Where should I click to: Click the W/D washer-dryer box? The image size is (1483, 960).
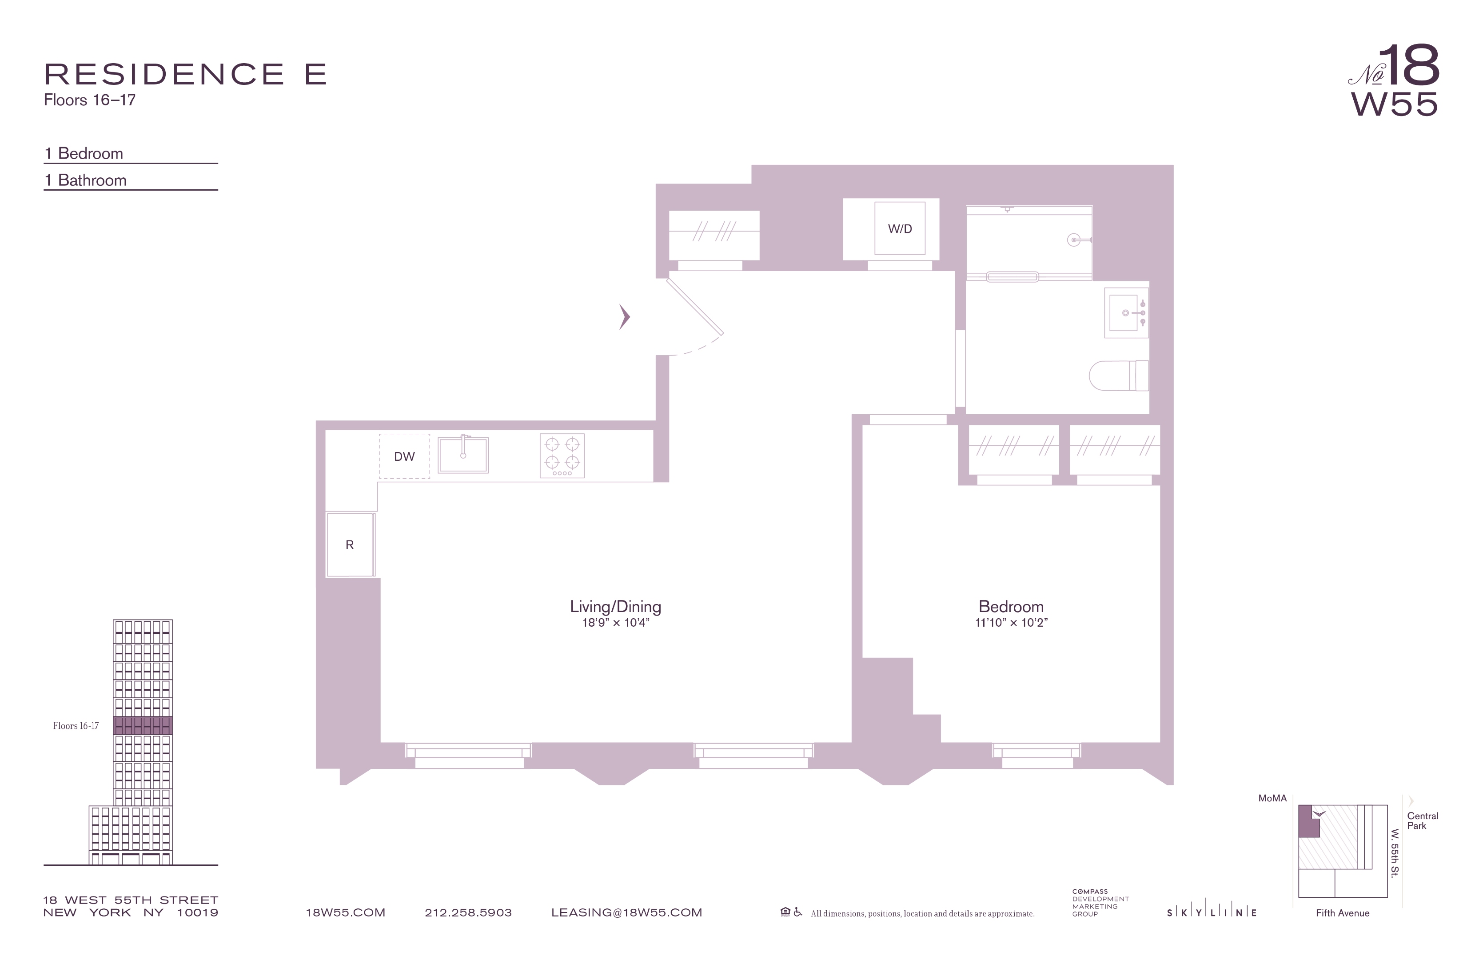[x=900, y=228]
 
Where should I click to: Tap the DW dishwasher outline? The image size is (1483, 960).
[x=404, y=456]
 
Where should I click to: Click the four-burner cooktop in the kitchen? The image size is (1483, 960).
[x=562, y=456]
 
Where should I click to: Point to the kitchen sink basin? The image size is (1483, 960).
[x=463, y=454]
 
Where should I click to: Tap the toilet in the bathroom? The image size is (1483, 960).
[x=1119, y=375]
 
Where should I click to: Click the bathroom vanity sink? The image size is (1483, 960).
[x=1127, y=312]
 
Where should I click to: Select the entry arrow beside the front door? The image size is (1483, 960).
[x=624, y=317]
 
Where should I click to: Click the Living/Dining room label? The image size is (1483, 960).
[x=616, y=606]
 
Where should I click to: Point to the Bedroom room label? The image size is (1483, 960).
[x=1011, y=606]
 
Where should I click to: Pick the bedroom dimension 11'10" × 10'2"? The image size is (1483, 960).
[x=1011, y=623]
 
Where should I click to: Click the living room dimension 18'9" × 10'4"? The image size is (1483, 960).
[x=616, y=623]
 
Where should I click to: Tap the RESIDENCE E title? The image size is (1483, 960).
[x=185, y=74]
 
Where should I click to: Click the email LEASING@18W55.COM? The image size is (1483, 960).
[x=627, y=912]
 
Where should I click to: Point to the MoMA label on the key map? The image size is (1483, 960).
[x=1272, y=798]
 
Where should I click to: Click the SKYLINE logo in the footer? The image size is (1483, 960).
[x=1212, y=912]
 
